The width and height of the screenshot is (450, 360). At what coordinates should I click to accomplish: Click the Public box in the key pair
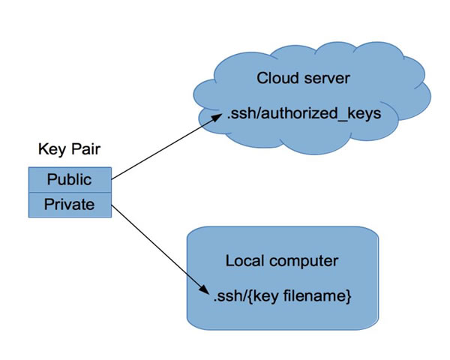tap(69, 180)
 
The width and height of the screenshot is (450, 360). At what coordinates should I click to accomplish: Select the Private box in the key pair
tap(69, 205)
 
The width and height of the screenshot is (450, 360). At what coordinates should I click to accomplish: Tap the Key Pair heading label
tap(69, 150)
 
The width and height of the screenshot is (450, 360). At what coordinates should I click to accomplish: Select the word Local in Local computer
tap(243, 262)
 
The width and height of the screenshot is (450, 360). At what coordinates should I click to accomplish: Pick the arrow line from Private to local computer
tap(157, 248)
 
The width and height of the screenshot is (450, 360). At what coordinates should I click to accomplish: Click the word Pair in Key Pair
tap(85, 150)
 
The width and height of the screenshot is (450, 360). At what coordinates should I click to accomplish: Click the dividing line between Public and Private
tap(69, 193)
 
